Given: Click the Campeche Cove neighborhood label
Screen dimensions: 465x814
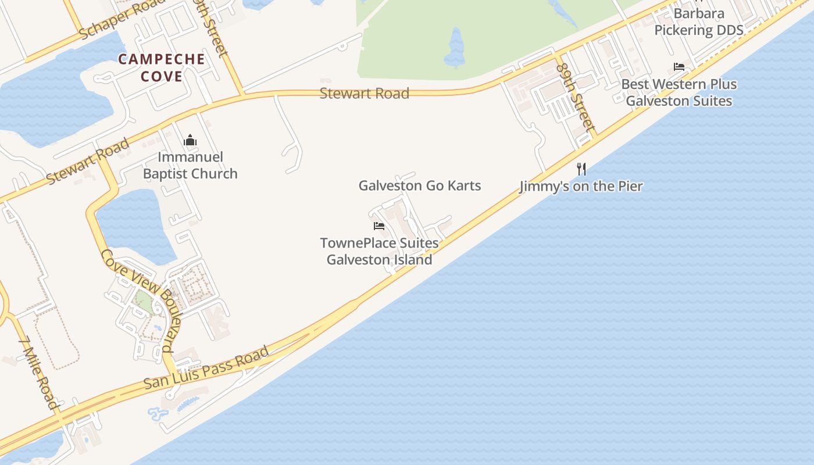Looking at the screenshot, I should pos(162,67).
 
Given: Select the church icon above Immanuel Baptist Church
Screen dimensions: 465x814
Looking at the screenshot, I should pos(190,140).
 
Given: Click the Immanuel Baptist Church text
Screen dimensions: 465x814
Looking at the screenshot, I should pos(190,165).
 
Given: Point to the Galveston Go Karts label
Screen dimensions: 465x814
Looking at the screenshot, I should pos(419,185).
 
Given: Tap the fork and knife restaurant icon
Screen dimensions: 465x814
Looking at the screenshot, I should pos(581,169).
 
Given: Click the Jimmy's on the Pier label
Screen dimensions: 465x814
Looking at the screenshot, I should pos(581,186).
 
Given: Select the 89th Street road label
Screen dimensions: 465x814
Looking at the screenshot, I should pos(575,95).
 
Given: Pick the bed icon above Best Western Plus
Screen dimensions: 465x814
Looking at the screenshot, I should pos(679,67).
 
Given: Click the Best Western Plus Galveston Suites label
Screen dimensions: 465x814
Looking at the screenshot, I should pos(679,92).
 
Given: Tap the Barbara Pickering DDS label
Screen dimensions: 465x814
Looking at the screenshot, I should pos(699,22).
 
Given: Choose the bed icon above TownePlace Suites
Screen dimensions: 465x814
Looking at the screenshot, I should pos(379,226).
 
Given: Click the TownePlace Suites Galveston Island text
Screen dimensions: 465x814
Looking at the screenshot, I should pos(379,251).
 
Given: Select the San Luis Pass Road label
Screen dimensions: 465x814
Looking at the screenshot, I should pos(206,368).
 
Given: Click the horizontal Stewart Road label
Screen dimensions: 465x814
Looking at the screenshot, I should pos(365,93).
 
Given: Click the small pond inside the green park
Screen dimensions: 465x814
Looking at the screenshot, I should pos(455,48).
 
